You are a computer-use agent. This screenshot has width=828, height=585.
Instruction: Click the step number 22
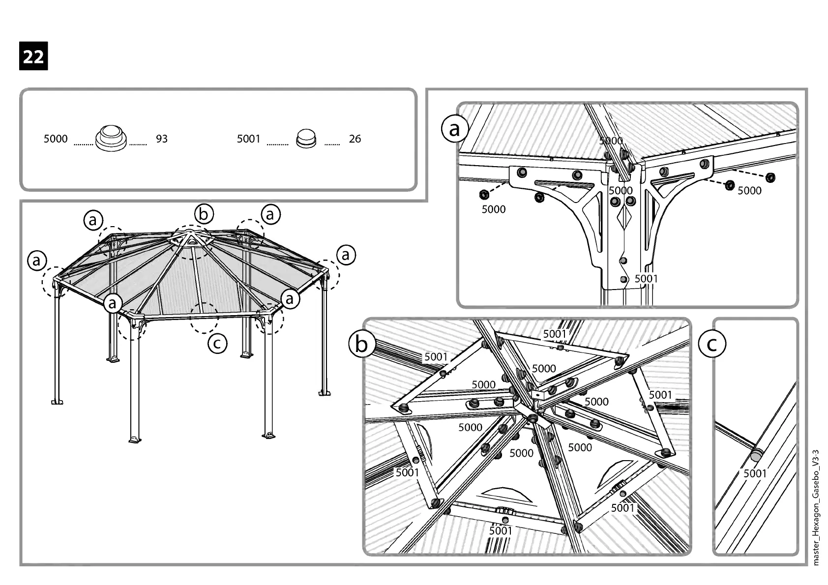33,57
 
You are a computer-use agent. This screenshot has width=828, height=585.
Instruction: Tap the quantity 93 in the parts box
162,139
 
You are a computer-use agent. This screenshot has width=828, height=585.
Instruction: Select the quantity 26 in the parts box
355,139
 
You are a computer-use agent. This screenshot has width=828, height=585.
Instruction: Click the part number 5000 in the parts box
56,139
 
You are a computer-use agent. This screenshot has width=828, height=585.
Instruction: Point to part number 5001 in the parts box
248,139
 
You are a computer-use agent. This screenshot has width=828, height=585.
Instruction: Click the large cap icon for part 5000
111,138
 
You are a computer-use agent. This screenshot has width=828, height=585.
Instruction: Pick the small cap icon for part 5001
306,139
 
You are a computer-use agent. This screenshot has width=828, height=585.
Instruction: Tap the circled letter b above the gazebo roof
204,214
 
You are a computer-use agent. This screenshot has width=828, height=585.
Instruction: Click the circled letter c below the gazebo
217,343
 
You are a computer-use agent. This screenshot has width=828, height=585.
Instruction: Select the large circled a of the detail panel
454,129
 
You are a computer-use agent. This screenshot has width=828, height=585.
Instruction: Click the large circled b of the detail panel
361,344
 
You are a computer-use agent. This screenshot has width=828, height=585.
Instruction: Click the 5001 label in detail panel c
755,473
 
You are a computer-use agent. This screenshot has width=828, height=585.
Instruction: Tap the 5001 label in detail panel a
646,279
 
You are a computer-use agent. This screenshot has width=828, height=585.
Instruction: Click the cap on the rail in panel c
757,455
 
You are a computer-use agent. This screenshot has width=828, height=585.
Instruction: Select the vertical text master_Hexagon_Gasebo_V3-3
816,507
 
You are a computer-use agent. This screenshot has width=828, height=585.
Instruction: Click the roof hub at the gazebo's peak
190,239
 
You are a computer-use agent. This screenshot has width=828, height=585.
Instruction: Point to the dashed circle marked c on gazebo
204,318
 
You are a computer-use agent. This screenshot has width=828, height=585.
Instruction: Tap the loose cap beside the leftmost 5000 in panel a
484,194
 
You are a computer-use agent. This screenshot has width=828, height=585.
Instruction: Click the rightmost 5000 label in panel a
749,191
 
